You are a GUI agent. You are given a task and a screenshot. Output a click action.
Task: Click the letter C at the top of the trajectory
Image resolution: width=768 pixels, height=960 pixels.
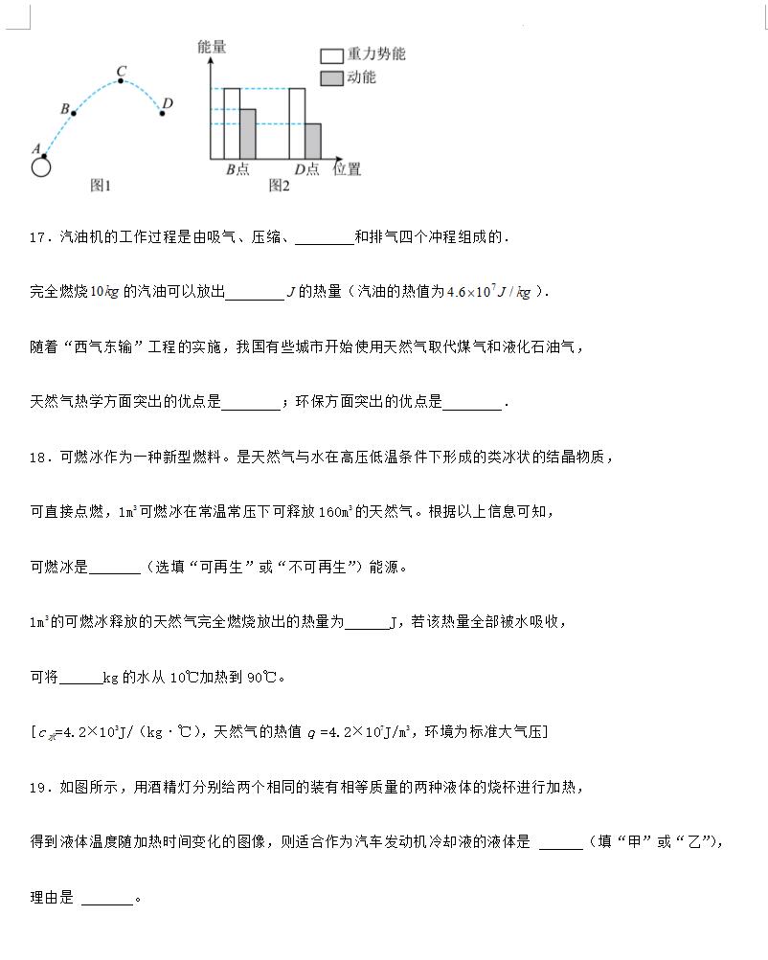pyautogui.click(x=121, y=70)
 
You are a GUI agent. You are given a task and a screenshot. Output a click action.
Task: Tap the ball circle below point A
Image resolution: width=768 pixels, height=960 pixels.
pyautogui.click(x=40, y=167)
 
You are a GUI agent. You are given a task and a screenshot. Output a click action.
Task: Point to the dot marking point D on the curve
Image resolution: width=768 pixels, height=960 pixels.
pyautogui.click(x=162, y=113)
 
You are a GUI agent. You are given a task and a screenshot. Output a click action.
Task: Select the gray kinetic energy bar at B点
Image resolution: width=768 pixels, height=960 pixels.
pyautogui.click(x=247, y=133)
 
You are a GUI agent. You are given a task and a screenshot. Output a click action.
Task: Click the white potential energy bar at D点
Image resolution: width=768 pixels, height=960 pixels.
pyautogui.click(x=297, y=123)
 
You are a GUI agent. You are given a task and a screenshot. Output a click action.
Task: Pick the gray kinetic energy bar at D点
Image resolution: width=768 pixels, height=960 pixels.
pyautogui.click(x=312, y=140)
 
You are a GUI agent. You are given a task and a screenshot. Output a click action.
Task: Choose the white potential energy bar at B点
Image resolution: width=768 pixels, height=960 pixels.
pyautogui.click(x=232, y=123)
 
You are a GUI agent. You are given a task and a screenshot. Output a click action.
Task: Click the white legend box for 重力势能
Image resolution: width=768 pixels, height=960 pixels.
pyautogui.click(x=331, y=56)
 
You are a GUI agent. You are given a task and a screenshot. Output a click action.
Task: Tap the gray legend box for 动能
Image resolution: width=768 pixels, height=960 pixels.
pyautogui.click(x=331, y=78)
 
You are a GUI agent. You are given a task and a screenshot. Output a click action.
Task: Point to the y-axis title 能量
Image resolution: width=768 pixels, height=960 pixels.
pyautogui.click(x=212, y=46)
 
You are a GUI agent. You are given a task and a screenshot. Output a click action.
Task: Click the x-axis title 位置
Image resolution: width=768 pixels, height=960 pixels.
pyautogui.click(x=347, y=169)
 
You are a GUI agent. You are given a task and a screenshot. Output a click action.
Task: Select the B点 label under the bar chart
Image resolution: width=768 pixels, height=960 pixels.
pyautogui.click(x=237, y=169)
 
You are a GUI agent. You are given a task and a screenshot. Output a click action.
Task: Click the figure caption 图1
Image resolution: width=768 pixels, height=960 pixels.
pyautogui.click(x=101, y=186)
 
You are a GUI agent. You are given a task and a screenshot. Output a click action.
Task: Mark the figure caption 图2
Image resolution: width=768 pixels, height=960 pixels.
pyautogui.click(x=279, y=186)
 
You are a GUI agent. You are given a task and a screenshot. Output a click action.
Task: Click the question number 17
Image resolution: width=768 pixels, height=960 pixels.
pyautogui.click(x=38, y=237)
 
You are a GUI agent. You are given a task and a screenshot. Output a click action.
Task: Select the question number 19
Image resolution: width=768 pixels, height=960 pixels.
pyautogui.click(x=38, y=788)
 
